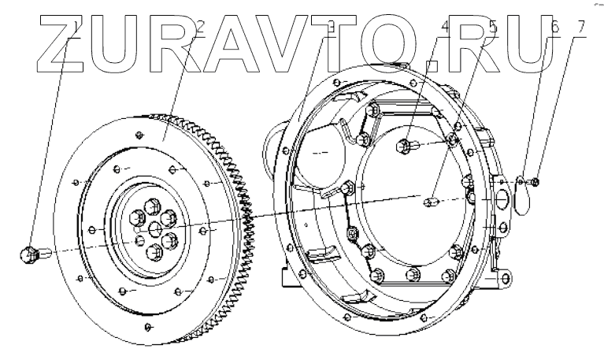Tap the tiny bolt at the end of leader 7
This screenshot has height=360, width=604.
(x=535, y=183)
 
